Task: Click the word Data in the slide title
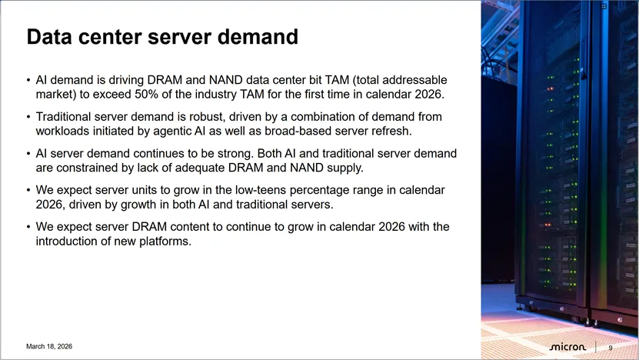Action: [x=50, y=36]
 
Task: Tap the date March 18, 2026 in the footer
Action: [x=49, y=346]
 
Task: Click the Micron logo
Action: [x=567, y=347]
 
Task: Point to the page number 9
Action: [x=611, y=348]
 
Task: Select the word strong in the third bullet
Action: [x=232, y=154]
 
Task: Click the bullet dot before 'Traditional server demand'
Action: [x=28, y=117]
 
